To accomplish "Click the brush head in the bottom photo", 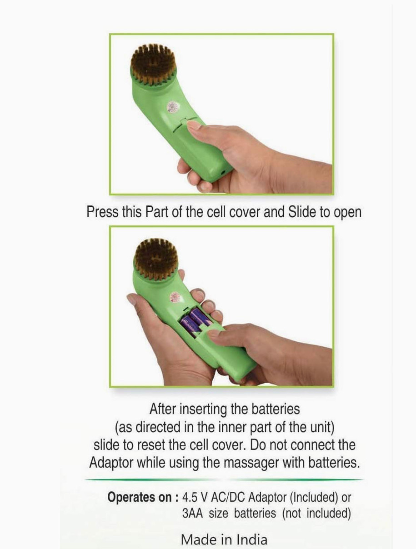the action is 155,259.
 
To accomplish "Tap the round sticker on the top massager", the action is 173,107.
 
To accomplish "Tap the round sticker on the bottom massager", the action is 176,298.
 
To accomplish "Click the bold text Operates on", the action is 143,497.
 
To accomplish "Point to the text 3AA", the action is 192,513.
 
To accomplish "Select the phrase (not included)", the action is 316,513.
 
